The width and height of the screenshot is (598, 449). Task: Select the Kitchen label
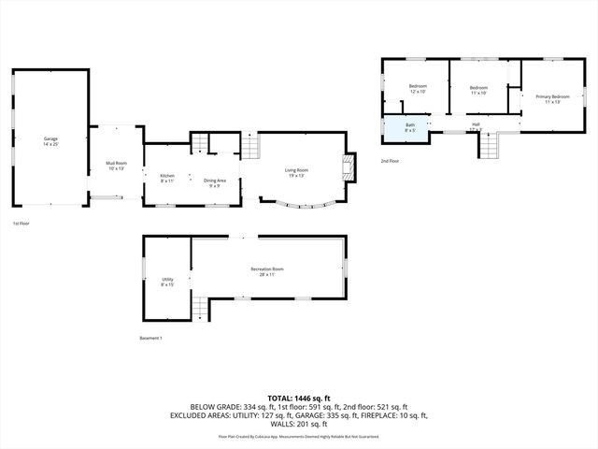point(167,179)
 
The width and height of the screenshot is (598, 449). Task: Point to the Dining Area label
point(214,182)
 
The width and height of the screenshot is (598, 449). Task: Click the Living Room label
point(297,171)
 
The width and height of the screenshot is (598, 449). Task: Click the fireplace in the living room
point(349,168)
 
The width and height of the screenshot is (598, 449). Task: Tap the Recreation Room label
point(267,271)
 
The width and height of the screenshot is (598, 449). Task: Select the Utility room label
point(167,282)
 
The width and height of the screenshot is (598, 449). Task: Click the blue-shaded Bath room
point(409,127)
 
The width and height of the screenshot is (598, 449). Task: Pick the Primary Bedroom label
point(552,99)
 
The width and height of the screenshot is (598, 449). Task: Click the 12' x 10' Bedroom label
point(418,89)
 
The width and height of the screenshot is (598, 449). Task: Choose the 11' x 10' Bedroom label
point(479,91)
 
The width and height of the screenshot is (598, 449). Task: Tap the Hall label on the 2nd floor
point(476,126)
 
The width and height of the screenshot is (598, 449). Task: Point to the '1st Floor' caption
point(21,224)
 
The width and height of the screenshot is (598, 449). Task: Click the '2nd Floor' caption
point(391,161)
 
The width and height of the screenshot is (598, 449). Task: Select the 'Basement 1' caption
point(151,338)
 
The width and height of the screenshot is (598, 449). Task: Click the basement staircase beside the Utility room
point(200,306)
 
